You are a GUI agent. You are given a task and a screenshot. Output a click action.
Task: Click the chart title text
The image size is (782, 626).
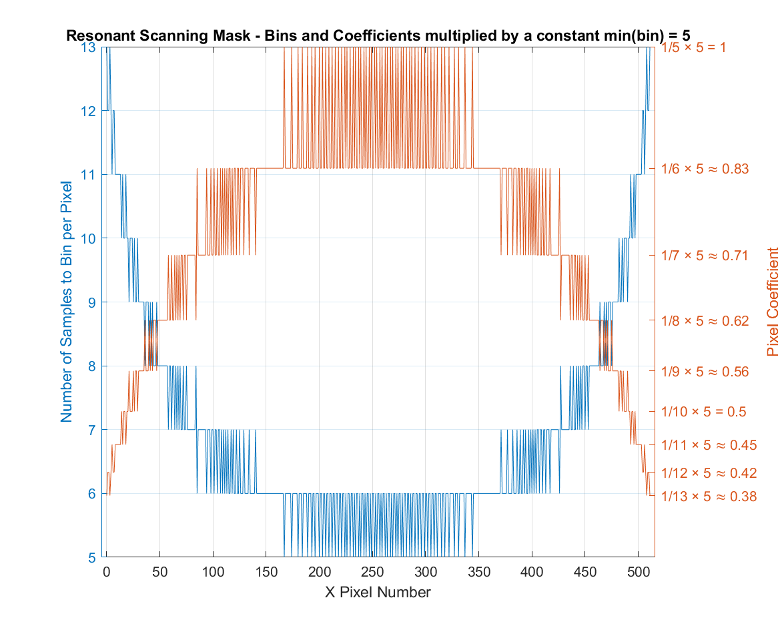378,35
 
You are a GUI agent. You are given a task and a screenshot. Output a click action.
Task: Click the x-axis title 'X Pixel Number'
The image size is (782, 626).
378,592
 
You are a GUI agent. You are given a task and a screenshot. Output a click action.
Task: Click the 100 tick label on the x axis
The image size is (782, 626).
213,573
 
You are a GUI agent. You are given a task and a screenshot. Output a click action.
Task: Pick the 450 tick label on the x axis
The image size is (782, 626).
585,573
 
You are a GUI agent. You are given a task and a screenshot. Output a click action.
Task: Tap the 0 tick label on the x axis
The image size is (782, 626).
106,573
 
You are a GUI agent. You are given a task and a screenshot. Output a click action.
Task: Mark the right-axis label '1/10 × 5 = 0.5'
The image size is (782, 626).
703,412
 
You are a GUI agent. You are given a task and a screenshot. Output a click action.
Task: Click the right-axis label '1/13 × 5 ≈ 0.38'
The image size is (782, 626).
708,497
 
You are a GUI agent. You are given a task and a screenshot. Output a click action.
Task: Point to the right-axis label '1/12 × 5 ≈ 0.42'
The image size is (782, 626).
708,473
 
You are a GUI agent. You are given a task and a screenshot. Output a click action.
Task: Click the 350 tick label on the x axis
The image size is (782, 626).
478,573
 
